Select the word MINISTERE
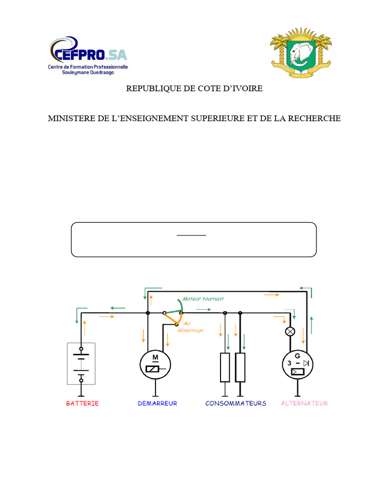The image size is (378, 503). coord(71,118)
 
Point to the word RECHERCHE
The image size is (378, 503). coord(314,118)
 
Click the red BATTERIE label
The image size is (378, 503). coord(82,403)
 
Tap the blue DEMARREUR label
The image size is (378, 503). coord(157,403)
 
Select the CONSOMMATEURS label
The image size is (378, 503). coord(236,403)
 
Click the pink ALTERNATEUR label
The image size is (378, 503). coord(304,403)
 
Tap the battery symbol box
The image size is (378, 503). coord(81,363)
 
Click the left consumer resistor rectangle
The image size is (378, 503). coord(225,367)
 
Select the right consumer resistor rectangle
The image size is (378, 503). coord(240,367)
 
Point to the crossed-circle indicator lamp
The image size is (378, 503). coord(290,332)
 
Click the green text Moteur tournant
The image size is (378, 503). coord(203,299)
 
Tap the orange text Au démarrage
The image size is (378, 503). coord(193,327)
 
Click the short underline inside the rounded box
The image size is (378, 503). coord(191,235)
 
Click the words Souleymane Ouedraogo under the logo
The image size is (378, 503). coord(88,72)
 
